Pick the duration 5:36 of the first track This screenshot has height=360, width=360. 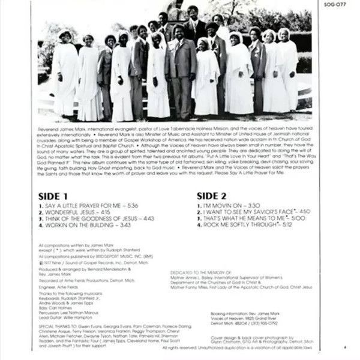pos(133,206)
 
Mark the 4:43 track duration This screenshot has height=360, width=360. pos(149,219)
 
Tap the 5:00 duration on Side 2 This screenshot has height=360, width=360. pos(298,219)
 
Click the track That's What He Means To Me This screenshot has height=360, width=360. pos(250,219)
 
